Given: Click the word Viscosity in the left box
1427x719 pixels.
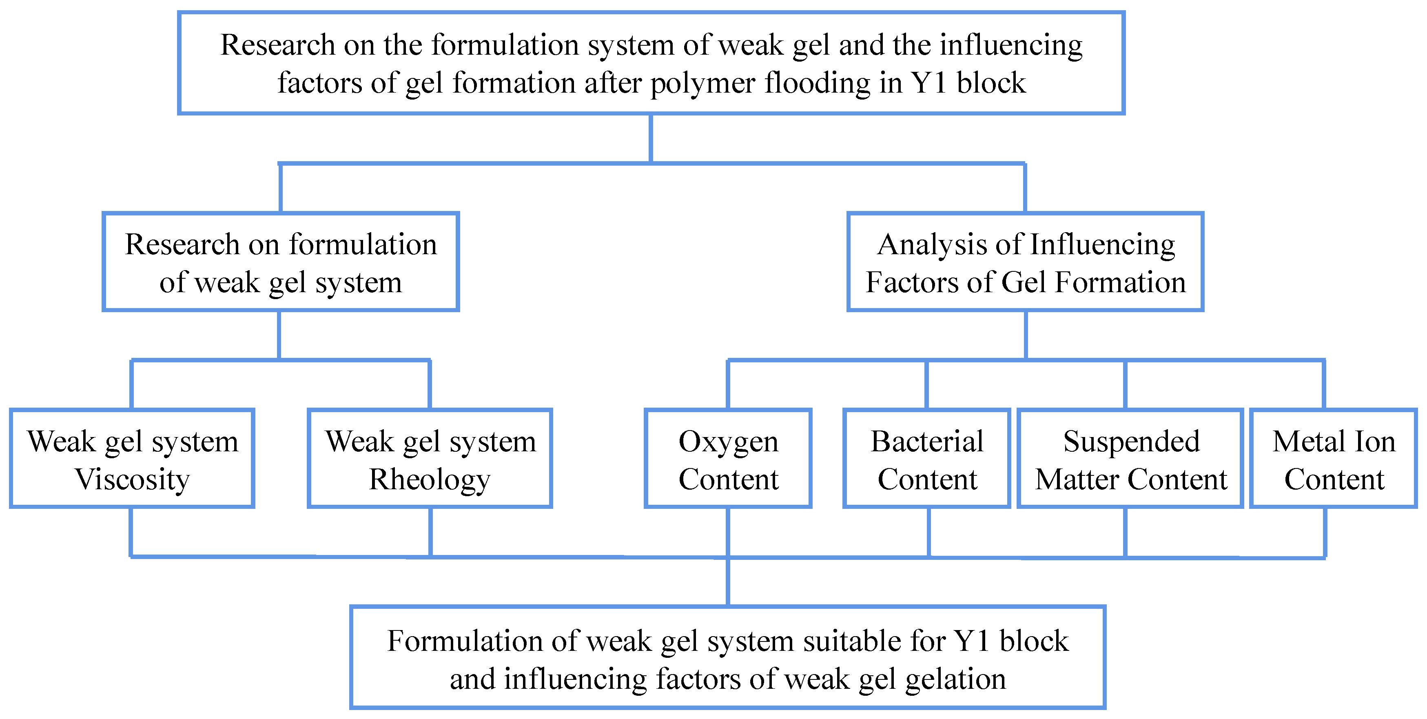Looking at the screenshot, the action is tap(133, 480).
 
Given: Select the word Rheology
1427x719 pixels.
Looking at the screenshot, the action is tap(430, 480).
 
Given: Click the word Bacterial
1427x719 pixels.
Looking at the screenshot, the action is tap(927, 442).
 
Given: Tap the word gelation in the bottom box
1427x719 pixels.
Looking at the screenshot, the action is tap(955, 679).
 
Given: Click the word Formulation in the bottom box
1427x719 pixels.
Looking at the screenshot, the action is tap(464, 641).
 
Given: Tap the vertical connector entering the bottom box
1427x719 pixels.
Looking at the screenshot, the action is tap(728, 581).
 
